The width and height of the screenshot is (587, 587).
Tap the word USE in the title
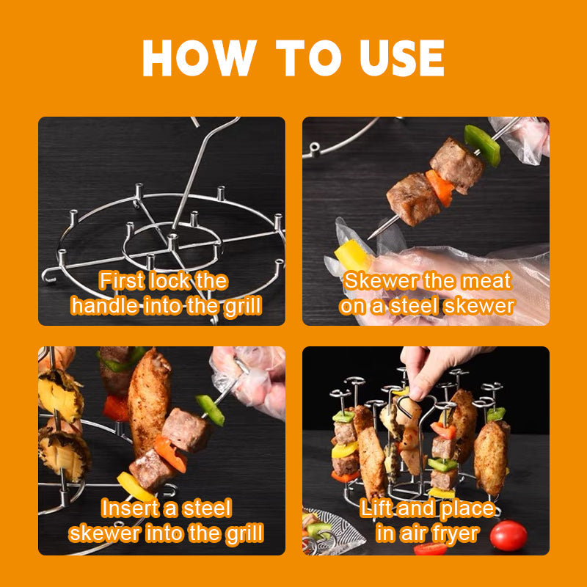pos(401,58)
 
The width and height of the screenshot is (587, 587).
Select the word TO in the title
pos(308,58)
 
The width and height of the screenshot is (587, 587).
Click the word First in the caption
pos(121,281)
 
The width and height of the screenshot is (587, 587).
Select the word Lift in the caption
pos(376,508)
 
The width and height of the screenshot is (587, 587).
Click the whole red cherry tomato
pos(508,536)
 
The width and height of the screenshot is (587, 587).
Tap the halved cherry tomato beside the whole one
pos(431,549)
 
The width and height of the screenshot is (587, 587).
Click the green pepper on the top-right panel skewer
pos(483,145)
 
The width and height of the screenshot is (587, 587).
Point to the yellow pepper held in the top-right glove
pos(352,255)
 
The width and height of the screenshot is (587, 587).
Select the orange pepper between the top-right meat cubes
pos(440,188)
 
